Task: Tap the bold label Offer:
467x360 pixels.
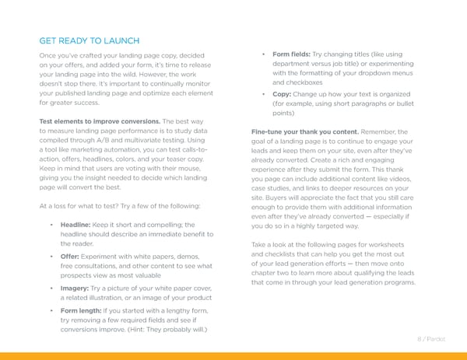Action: point(71,256)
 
